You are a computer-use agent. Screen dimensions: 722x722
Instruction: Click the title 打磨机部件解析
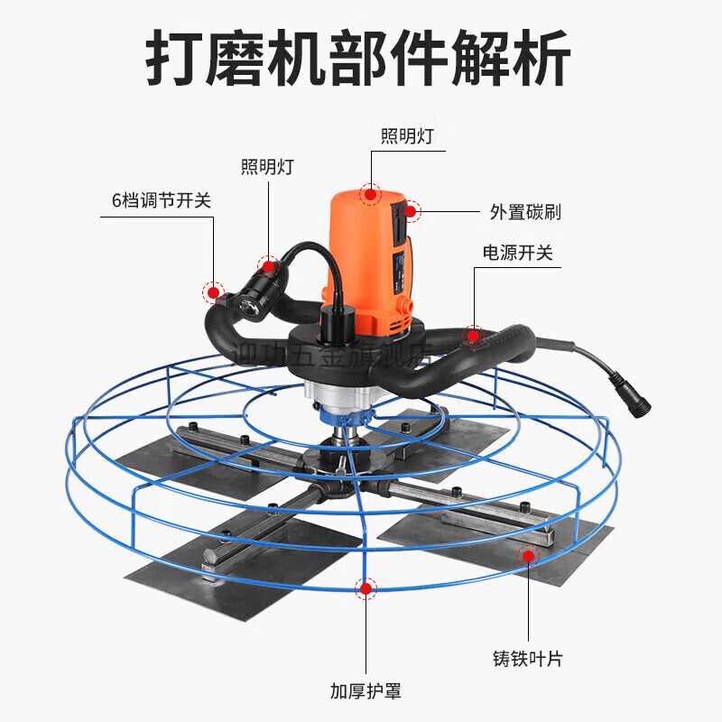[x=358, y=60]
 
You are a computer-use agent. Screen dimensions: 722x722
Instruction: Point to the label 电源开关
[x=517, y=253]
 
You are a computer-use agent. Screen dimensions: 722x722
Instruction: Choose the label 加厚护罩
[x=366, y=692]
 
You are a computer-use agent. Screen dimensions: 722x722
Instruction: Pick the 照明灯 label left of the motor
[x=267, y=167]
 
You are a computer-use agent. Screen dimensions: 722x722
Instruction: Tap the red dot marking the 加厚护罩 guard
[x=366, y=589]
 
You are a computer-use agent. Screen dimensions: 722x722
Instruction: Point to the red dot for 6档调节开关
[x=214, y=292]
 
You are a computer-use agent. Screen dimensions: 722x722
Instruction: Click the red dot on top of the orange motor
[x=370, y=193]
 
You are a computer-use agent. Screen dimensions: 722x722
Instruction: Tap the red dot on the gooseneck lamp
[x=267, y=265]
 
